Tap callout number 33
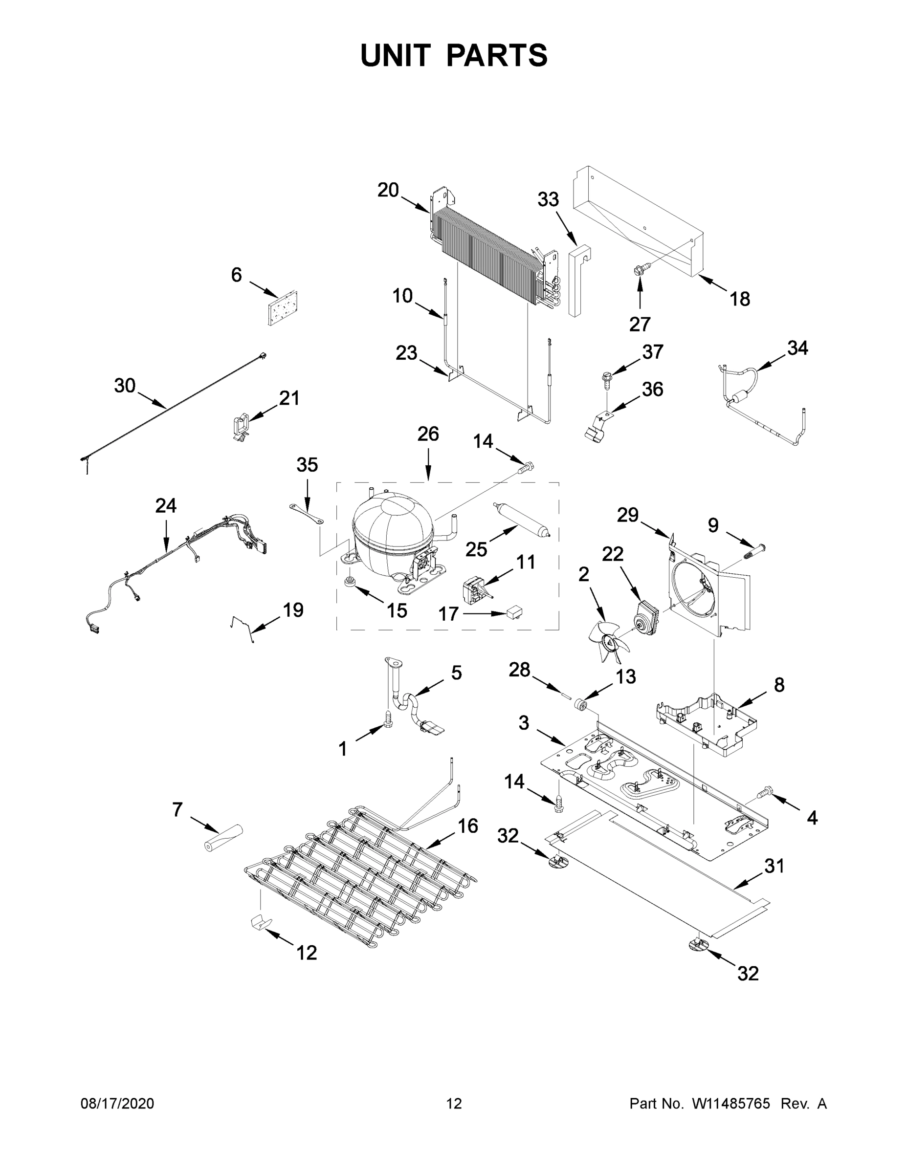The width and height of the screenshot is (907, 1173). tap(548, 199)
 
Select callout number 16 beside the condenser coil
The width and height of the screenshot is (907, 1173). tap(467, 825)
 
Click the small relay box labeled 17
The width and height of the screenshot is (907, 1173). tap(515, 612)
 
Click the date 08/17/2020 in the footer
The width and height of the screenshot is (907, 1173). tap(117, 1104)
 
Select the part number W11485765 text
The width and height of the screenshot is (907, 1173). tap(731, 1104)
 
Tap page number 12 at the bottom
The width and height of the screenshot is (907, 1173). tap(454, 1104)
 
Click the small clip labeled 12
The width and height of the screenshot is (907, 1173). tap(260, 922)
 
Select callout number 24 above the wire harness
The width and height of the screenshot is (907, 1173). tap(165, 505)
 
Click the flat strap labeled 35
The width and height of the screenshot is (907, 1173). tap(307, 513)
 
